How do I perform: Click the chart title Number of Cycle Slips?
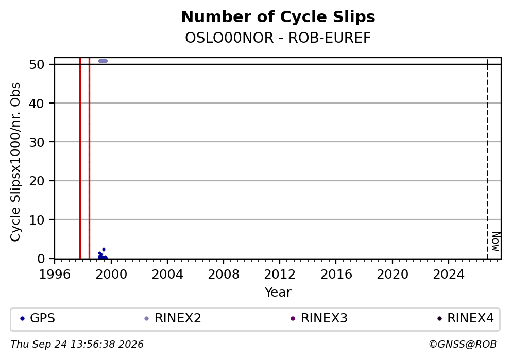(278, 17)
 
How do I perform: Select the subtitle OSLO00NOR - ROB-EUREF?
(278, 38)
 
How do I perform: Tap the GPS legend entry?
(38, 318)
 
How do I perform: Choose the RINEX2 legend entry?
(173, 318)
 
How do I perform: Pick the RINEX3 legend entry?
(319, 318)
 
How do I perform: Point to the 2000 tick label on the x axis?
(111, 275)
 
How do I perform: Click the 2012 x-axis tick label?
(280, 275)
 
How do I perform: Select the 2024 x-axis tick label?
(449, 275)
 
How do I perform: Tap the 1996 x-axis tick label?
(55, 275)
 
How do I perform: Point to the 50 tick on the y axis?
(37, 64)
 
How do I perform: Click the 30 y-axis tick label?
(37, 142)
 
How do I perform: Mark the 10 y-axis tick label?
(37, 220)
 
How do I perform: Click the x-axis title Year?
(278, 293)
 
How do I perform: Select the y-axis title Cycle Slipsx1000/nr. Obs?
(15, 162)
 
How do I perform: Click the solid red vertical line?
(80, 158)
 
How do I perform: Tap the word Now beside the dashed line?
(496, 242)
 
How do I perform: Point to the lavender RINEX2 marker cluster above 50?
(103, 61)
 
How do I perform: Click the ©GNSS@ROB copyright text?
(463, 345)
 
